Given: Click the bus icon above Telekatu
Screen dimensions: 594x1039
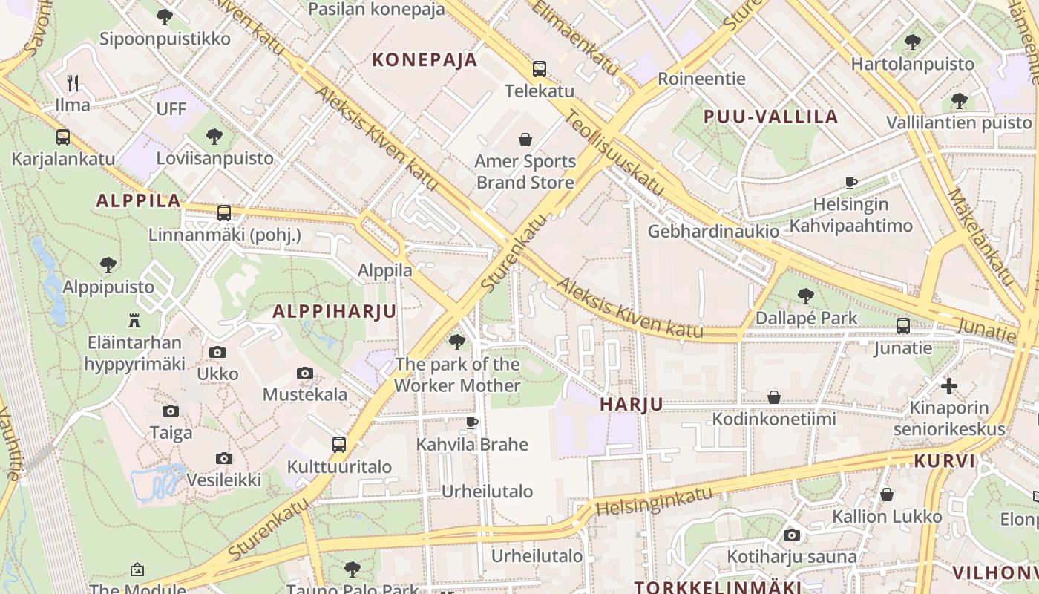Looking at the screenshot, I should pos(540,69).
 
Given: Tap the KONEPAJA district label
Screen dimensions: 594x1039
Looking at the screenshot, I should pos(425,60).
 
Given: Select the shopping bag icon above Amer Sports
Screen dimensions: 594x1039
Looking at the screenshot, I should pos(525,139).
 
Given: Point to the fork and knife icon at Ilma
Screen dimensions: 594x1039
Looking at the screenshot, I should pos(73,82).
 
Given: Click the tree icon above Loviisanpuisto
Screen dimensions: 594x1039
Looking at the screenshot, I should pos(214,136).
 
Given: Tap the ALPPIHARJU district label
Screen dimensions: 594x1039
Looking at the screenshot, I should pos(335,311).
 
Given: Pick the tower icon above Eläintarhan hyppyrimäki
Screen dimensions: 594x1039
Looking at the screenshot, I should pos(134,320).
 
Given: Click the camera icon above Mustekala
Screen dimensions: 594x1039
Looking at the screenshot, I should pos(304,373).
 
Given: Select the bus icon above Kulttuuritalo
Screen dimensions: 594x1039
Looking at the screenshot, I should pos(339,445).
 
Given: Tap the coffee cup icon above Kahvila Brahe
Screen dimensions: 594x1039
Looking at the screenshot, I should pos(471,422).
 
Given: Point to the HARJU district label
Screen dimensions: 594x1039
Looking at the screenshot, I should pos(631,405).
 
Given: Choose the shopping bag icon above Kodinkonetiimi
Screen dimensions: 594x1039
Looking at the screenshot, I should pos(773,397).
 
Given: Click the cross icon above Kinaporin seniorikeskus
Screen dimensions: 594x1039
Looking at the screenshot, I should pos(949,385).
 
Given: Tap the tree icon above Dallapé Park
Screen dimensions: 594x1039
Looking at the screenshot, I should pos(805,296).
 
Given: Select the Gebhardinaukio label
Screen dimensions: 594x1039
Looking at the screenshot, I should pos(713,232).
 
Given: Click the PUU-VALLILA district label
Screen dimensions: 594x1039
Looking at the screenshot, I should pos(770,117).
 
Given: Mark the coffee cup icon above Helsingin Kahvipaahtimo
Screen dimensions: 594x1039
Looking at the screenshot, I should pos(851,182).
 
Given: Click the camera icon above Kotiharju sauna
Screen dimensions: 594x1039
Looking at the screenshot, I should pos(791,535).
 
